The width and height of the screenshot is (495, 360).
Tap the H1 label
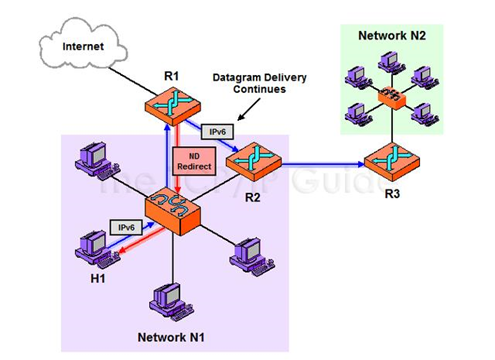[97, 279]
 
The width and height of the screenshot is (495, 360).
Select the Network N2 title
[393, 35]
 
